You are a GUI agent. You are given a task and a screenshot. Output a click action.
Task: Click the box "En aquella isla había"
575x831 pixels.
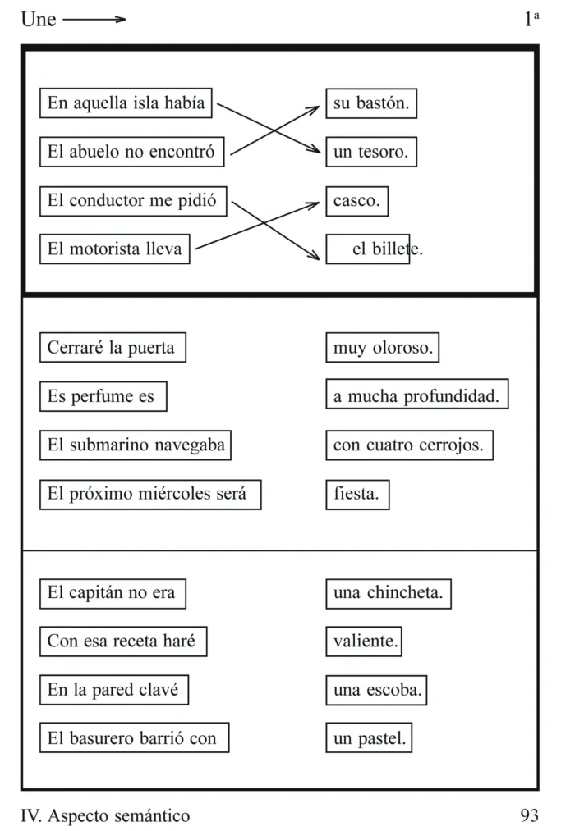(x=126, y=103)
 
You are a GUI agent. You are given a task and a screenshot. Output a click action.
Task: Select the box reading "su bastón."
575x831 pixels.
(x=371, y=103)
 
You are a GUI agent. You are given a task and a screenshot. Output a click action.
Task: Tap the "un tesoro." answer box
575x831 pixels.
(x=371, y=152)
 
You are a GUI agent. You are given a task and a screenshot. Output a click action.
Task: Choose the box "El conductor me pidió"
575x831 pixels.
(x=133, y=201)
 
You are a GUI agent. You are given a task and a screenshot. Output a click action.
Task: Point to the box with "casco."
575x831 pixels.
(x=357, y=201)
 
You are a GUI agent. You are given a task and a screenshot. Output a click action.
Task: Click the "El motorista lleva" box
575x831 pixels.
(x=114, y=249)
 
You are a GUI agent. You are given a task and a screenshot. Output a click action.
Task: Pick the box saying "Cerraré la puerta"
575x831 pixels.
(x=113, y=347)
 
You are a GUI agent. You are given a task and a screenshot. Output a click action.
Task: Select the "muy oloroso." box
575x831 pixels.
(x=383, y=347)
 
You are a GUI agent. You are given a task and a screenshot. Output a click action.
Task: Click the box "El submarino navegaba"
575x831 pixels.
(x=136, y=445)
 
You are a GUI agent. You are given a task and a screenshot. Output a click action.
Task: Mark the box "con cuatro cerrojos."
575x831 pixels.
(x=410, y=445)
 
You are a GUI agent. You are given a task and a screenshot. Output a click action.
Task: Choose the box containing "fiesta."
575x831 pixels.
(x=357, y=495)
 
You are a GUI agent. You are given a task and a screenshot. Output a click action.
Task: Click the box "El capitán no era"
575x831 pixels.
(x=113, y=594)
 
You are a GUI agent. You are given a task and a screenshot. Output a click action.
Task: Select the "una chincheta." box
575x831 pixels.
(x=389, y=594)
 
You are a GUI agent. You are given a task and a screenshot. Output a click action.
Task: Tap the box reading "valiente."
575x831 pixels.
(x=364, y=642)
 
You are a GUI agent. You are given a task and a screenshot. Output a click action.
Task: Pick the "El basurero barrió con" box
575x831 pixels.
(x=134, y=737)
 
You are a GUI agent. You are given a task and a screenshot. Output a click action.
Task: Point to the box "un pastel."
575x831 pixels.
(x=369, y=737)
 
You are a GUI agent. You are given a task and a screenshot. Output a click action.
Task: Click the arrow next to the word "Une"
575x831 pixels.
(x=94, y=20)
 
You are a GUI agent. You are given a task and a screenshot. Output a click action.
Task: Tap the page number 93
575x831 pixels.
(x=529, y=815)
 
